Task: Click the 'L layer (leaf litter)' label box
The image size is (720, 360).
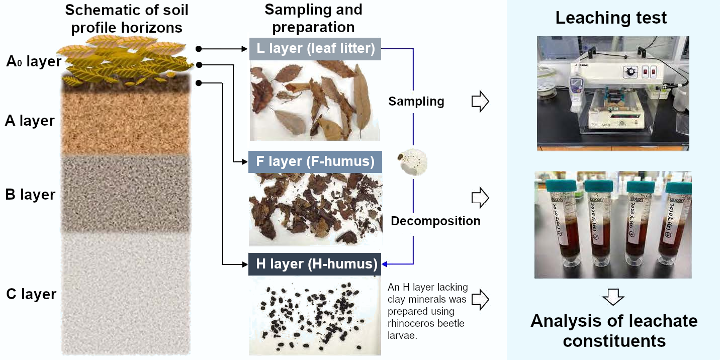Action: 315,49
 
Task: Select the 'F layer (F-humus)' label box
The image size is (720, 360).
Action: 315,162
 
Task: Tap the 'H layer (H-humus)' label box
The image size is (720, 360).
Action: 315,264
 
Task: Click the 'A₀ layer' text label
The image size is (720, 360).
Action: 34,62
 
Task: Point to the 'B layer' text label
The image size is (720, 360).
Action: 30,195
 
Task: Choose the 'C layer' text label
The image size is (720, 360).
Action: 31,294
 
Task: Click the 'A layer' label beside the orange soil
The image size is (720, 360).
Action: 30,121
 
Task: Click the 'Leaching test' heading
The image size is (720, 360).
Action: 611,18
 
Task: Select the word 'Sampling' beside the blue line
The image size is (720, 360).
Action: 416,102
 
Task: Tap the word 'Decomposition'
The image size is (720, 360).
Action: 435,221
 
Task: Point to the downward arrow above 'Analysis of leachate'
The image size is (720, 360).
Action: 613,297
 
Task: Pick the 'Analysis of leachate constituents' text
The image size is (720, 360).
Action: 613,330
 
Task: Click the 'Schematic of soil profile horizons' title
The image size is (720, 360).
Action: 126,19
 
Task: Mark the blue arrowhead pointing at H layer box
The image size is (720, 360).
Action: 385,264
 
